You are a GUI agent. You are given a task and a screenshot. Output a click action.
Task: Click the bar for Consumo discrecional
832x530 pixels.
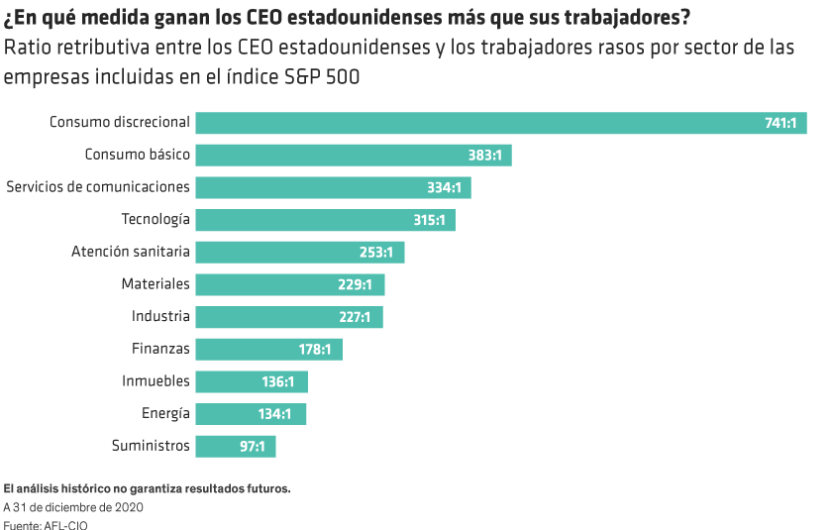tap(500, 123)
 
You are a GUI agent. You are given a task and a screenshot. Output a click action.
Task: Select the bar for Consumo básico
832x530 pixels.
tap(353, 156)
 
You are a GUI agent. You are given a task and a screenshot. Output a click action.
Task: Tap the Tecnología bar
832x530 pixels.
tap(325, 220)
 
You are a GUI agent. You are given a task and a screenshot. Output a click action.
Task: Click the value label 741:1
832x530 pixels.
tap(780, 123)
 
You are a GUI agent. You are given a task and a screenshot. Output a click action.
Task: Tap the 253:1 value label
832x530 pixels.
tap(376, 253)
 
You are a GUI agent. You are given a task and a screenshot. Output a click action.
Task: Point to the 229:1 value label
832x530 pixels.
tap(355, 285)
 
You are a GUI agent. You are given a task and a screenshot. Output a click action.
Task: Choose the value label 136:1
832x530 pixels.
tap(278, 381)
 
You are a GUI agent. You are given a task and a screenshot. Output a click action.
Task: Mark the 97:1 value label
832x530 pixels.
tap(253, 447)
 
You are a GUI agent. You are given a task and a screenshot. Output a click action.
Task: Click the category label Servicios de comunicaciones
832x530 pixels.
tap(98, 187)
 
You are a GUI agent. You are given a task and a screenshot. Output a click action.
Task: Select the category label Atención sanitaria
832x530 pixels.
tap(130, 252)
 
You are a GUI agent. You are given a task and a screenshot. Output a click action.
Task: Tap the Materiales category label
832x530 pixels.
tap(156, 284)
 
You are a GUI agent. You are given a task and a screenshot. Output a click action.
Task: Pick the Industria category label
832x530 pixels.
tap(160, 317)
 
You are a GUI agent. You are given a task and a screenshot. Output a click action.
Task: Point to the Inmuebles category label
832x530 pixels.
tap(156, 381)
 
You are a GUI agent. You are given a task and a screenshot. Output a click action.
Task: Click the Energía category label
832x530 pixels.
tap(165, 413)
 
